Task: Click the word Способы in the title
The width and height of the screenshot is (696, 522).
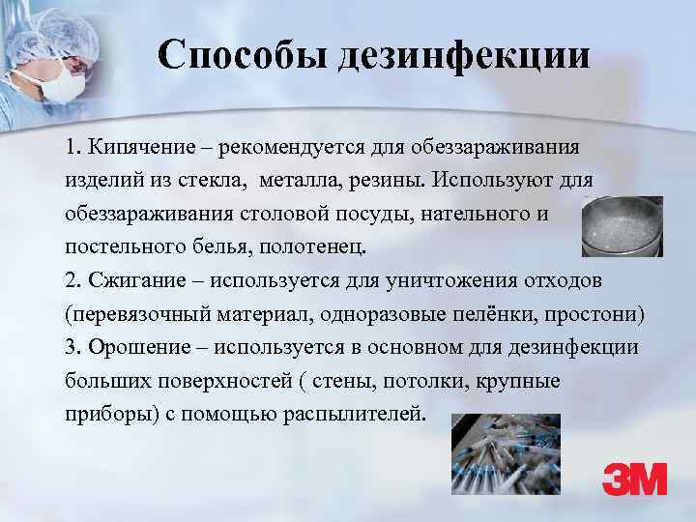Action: point(244,56)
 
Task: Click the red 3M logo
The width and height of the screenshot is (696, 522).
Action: point(634,478)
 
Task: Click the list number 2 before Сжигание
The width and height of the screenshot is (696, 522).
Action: point(72,280)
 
